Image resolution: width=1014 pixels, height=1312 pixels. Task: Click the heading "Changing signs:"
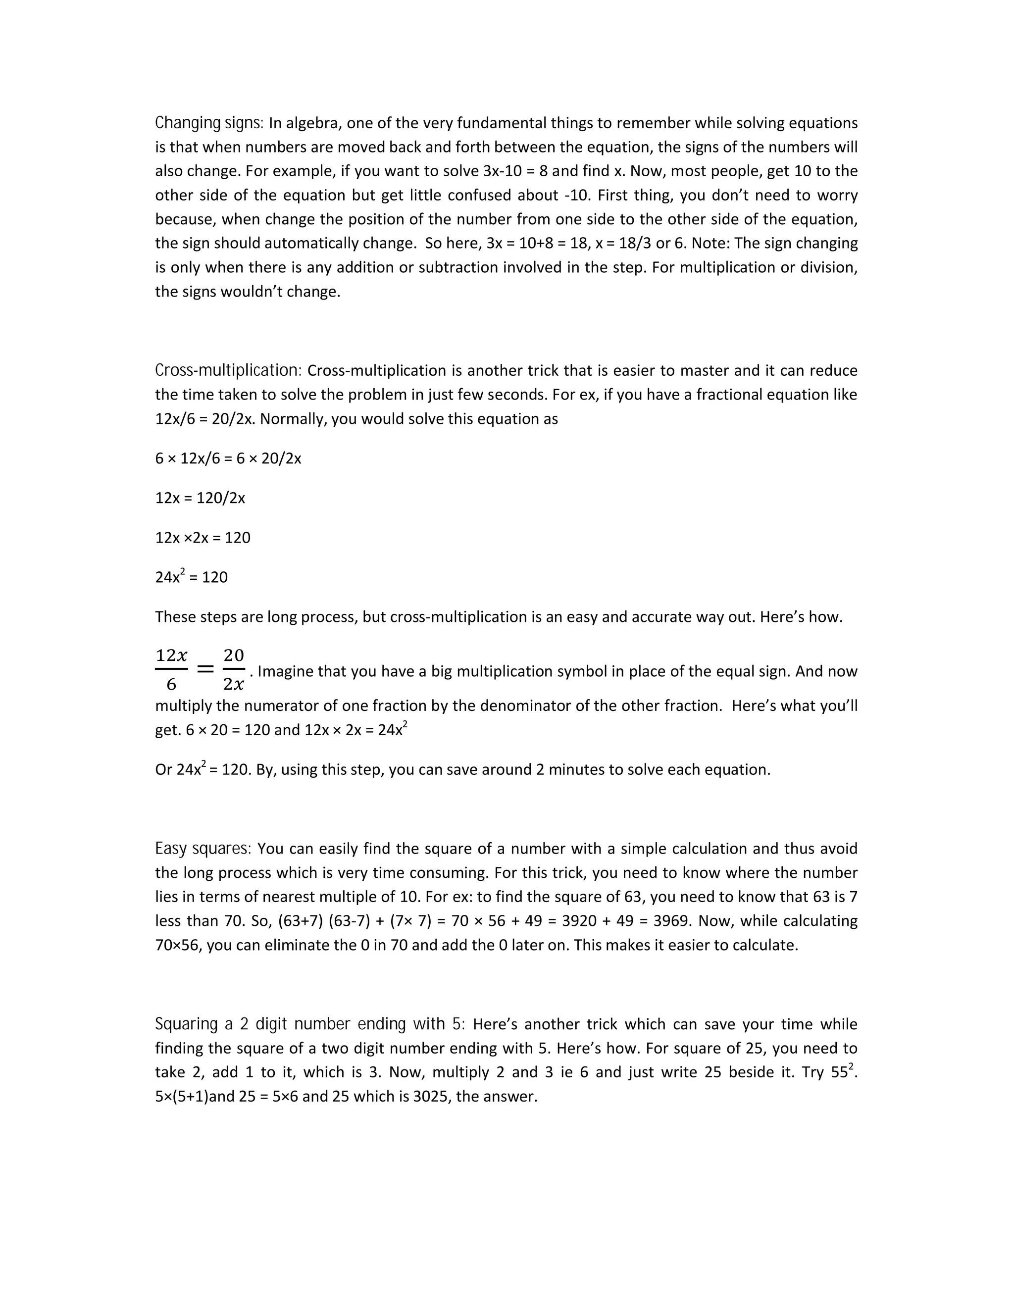click(x=209, y=123)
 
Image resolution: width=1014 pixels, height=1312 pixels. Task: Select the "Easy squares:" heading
click(x=203, y=849)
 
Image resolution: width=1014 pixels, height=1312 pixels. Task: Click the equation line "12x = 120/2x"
click(x=200, y=498)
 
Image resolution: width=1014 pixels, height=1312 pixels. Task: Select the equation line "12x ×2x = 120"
click(x=203, y=538)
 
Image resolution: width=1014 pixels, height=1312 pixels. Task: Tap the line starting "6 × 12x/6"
click(x=228, y=458)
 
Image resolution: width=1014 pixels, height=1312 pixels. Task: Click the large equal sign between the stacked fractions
click(x=205, y=668)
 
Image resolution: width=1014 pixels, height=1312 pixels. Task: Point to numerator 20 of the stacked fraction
click(x=234, y=655)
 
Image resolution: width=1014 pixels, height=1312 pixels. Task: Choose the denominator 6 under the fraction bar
click(x=171, y=684)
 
